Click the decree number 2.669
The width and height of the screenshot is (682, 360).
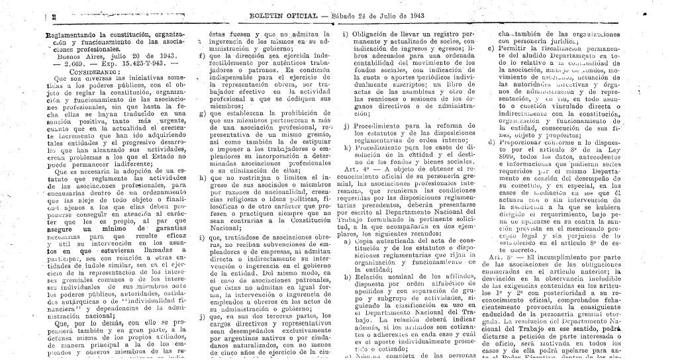(72, 64)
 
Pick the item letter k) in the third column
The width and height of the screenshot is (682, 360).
(347, 148)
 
